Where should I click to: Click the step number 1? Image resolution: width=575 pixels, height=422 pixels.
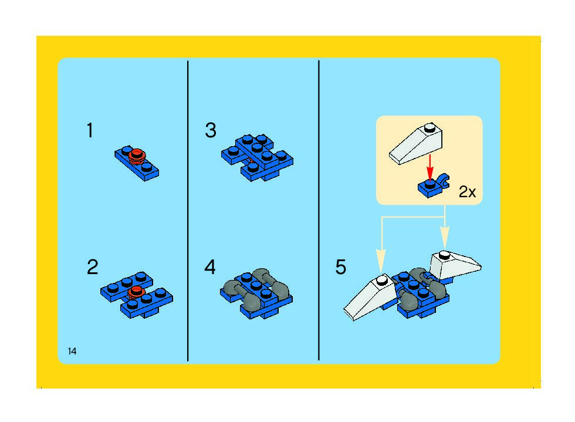coord(90,130)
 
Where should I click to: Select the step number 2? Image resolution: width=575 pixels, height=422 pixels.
coord(93,267)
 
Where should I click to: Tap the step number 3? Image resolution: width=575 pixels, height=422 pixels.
coord(211,130)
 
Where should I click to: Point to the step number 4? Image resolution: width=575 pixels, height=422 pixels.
coord(210,267)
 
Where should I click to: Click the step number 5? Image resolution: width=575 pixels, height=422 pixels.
coord(341,267)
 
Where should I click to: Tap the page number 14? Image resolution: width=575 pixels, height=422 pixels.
coord(72,351)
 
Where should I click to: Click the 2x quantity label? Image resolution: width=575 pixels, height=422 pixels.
coord(467,192)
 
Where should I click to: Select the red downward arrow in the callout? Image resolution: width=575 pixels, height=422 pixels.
coord(429,167)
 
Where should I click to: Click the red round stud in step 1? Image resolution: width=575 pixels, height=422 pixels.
coord(137,156)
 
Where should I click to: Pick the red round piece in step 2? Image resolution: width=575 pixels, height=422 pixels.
coord(136,292)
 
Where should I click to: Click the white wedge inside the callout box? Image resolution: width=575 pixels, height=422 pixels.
coord(416,144)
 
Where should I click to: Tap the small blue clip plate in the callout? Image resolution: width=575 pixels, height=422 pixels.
coord(434,186)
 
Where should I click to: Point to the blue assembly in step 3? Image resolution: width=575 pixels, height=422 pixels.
coord(257,157)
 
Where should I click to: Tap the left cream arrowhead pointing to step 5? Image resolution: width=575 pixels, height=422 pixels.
coord(381,255)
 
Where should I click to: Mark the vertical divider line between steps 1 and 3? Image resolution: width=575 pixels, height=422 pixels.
coord(188,211)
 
